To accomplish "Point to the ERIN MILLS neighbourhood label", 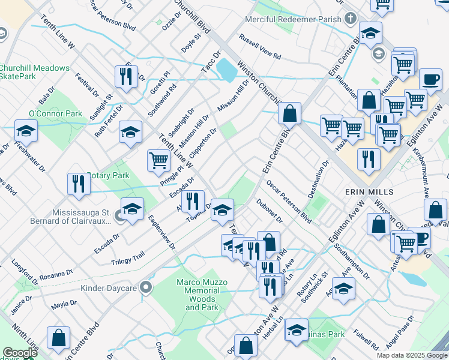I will (x=369, y=191).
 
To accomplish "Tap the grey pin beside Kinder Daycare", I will (x=144, y=288).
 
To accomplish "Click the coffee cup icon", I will (x=430, y=79).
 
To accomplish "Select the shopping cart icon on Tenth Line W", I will (x=158, y=160).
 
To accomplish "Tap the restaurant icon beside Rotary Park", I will (x=79, y=184).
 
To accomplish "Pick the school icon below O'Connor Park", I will (x=26, y=131).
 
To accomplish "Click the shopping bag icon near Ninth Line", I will (x=59, y=338).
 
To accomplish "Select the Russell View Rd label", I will (x=260, y=47).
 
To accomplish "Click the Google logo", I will (x=20, y=353).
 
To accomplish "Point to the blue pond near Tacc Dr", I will (x=226, y=70).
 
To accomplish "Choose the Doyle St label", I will (x=191, y=41).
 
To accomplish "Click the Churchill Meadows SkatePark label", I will (x=34, y=72).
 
